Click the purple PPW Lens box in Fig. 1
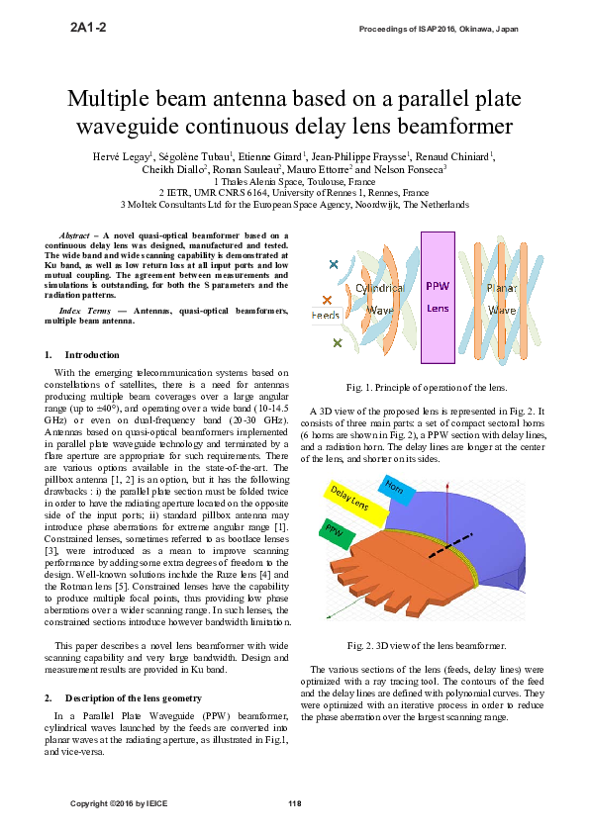pos(438,297)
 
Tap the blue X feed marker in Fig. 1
pos(334,264)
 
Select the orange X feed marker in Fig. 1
pos(327,300)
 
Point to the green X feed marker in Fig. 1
pos(338,343)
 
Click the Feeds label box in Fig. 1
pos(326,316)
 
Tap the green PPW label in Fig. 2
pos(334,529)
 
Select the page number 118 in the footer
pos(294,802)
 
